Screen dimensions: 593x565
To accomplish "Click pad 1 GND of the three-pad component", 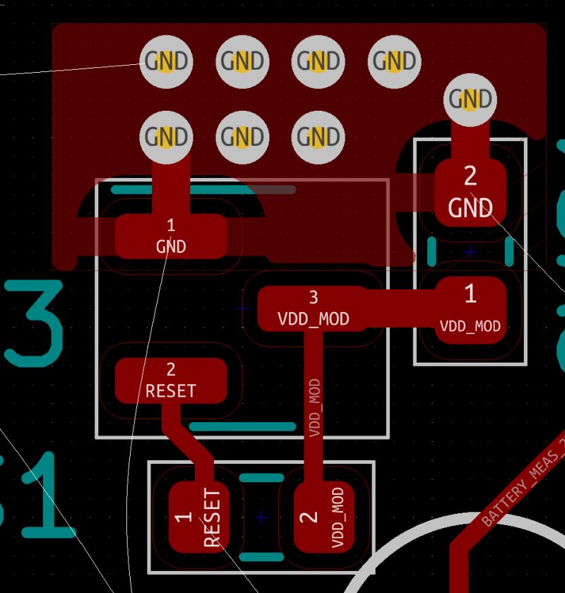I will [171, 236].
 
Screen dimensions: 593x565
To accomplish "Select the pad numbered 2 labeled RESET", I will [171, 381].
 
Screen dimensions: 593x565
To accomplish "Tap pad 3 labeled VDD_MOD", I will [313, 309].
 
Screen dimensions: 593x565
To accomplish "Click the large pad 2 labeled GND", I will [470, 191].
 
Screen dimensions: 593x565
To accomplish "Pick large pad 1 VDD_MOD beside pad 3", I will [470, 309].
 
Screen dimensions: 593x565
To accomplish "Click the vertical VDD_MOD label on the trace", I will [315, 407].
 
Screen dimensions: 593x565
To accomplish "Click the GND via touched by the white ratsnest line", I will [166, 61].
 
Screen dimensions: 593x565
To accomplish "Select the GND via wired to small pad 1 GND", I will [166, 136].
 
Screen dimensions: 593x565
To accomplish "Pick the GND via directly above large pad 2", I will [470, 99].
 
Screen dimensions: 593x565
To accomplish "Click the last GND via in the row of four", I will [394, 61].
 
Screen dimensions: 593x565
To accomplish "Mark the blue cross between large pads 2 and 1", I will [470, 251].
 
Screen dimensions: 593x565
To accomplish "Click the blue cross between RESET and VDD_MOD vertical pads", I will [261, 517].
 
